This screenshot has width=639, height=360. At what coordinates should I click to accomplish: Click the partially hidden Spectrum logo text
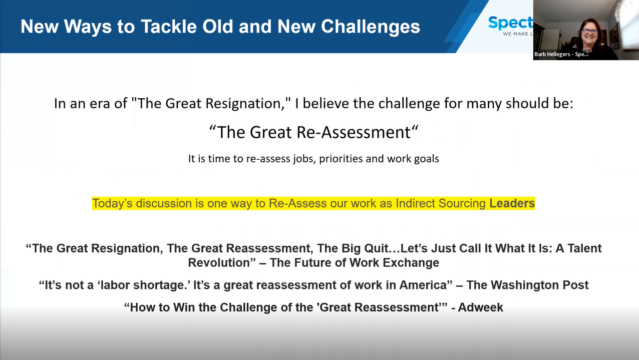tap(510, 23)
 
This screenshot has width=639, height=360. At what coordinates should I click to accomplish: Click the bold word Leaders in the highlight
tap(512, 203)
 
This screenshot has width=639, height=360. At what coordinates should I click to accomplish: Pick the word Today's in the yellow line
tap(114, 203)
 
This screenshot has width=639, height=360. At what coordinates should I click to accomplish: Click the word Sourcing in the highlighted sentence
tap(461, 203)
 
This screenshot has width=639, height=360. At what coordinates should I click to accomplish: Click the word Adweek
tap(480, 307)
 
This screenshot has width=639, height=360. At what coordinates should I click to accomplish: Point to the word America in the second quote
tap(423, 285)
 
